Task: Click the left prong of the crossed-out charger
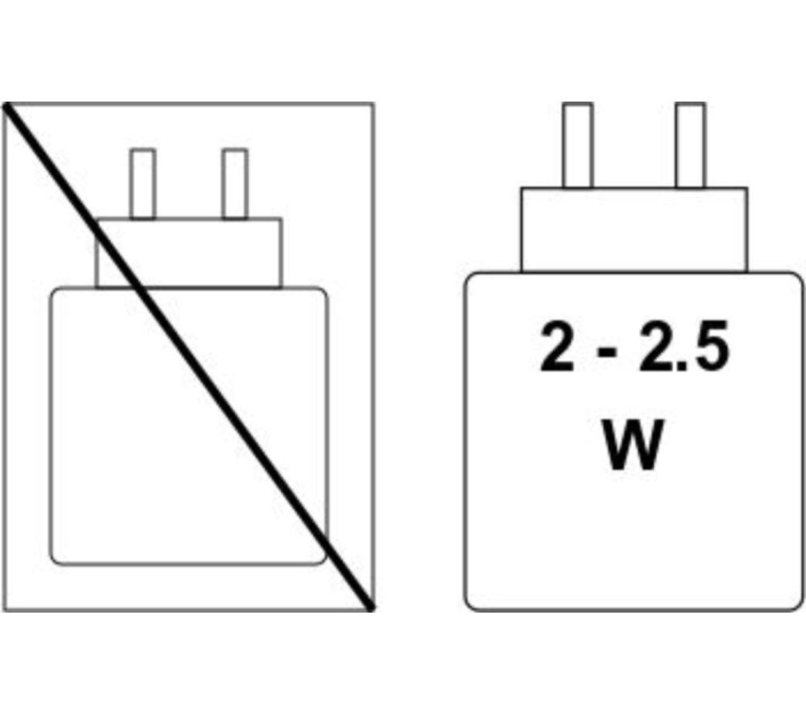click(x=143, y=184)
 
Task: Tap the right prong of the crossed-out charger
click(x=235, y=184)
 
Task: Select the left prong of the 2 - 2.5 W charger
click(x=578, y=145)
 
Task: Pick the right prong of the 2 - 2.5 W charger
click(x=691, y=145)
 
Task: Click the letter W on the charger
click(x=633, y=445)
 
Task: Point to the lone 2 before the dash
click(x=557, y=346)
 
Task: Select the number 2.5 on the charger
click(x=684, y=346)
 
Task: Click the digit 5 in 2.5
click(x=712, y=347)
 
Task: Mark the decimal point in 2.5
click(x=683, y=364)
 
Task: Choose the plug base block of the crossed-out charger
click(x=189, y=253)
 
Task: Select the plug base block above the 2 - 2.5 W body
click(x=634, y=229)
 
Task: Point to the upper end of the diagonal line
click(x=6, y=106)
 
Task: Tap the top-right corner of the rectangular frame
click(x=373, y=104)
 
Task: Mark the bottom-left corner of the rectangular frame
click(x=3, y=610)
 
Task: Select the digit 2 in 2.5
click(x=657, y=346)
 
